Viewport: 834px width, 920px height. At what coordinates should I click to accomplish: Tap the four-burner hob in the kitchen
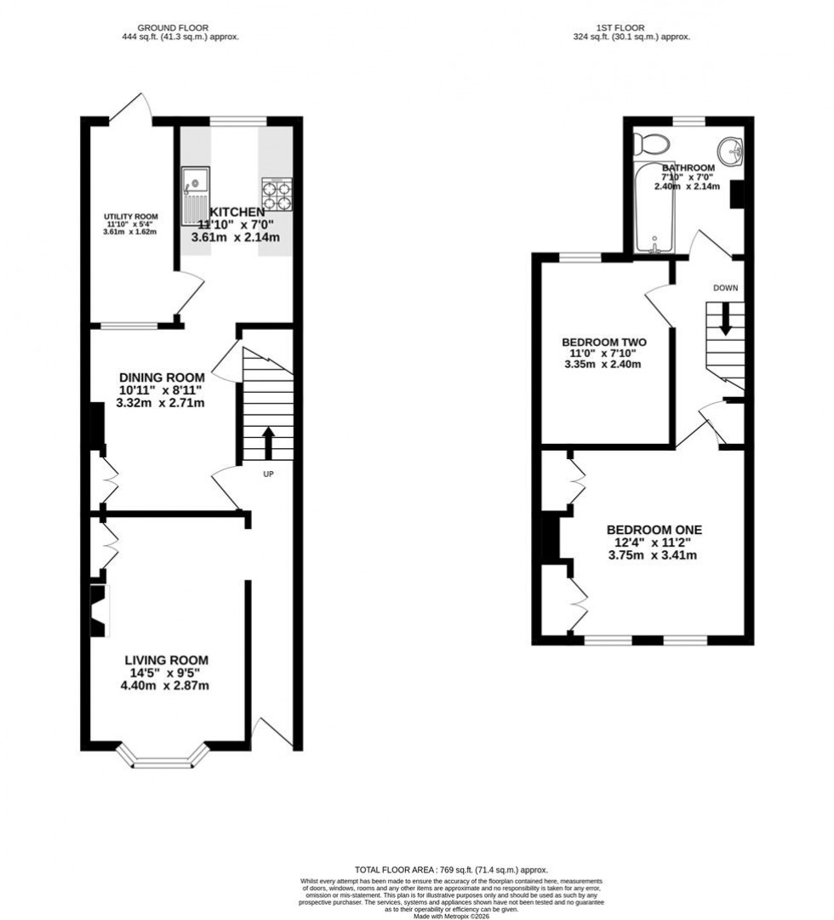pyautogui.click(x=277, y=194)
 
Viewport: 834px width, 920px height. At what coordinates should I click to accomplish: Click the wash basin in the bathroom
pyautogui.click(x=729, y=152)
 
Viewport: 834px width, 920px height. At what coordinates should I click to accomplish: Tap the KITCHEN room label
pyautogui.click(x=226, y=212)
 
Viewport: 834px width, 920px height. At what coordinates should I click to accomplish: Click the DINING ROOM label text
pyautogui.click(x=162, y=378)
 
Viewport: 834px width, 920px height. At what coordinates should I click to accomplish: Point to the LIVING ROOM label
pyautogui.click(x=166, y=660)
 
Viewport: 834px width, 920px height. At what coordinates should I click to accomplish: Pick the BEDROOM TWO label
pyautogui.click(x=603, y=342)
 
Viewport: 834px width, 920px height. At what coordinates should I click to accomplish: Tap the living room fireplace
pyautogui.click(x=99, y=609)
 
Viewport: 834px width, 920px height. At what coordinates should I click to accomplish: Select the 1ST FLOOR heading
pyautogui.click(x=630, y=28)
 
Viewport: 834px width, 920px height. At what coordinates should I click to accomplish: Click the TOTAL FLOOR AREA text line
pyautogui.click(x=450, y=870)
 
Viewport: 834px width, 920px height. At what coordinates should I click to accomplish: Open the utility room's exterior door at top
pyautogui.click(x=132, y=108)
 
